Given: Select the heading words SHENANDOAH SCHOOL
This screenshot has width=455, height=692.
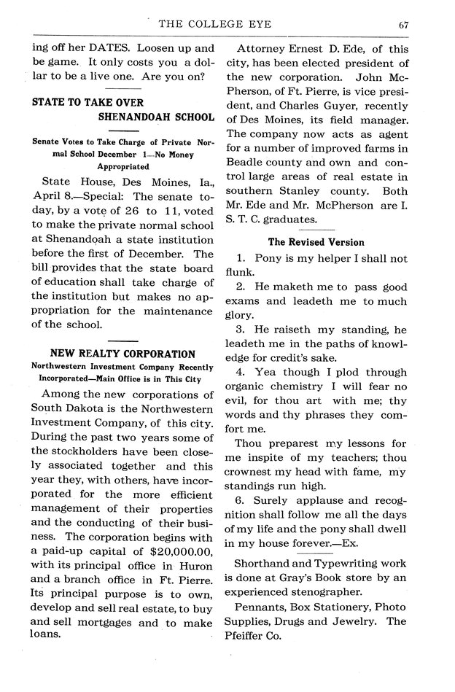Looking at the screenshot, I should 157,117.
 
